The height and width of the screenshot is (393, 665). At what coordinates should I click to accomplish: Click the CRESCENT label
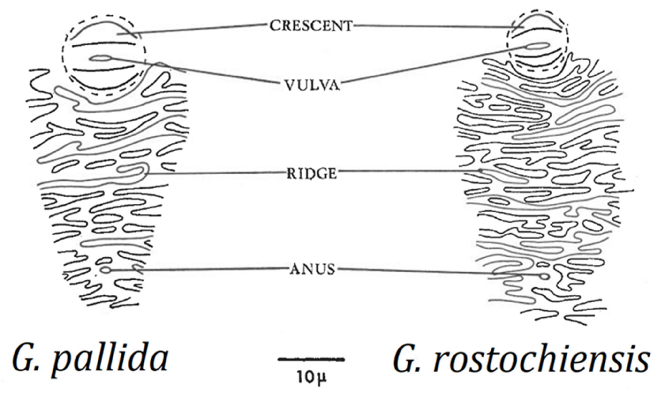click(311, 26)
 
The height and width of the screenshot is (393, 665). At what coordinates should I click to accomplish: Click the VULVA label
click(312, 85)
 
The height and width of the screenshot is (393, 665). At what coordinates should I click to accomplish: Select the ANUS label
click(312, 270)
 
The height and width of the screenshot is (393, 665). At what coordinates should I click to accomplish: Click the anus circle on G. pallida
click(106, 270)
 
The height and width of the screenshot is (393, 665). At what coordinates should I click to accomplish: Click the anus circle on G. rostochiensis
click(544, 276)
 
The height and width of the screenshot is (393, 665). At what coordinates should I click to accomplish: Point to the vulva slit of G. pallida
click(100, 58)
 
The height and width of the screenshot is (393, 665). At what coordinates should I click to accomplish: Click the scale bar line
click(311, 359)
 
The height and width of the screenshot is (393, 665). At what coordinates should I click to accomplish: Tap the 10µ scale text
click(311, 378)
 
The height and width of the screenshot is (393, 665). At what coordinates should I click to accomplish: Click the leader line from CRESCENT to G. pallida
click(199, 29)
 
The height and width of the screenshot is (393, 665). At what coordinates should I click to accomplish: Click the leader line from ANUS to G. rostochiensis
click(437, 272)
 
